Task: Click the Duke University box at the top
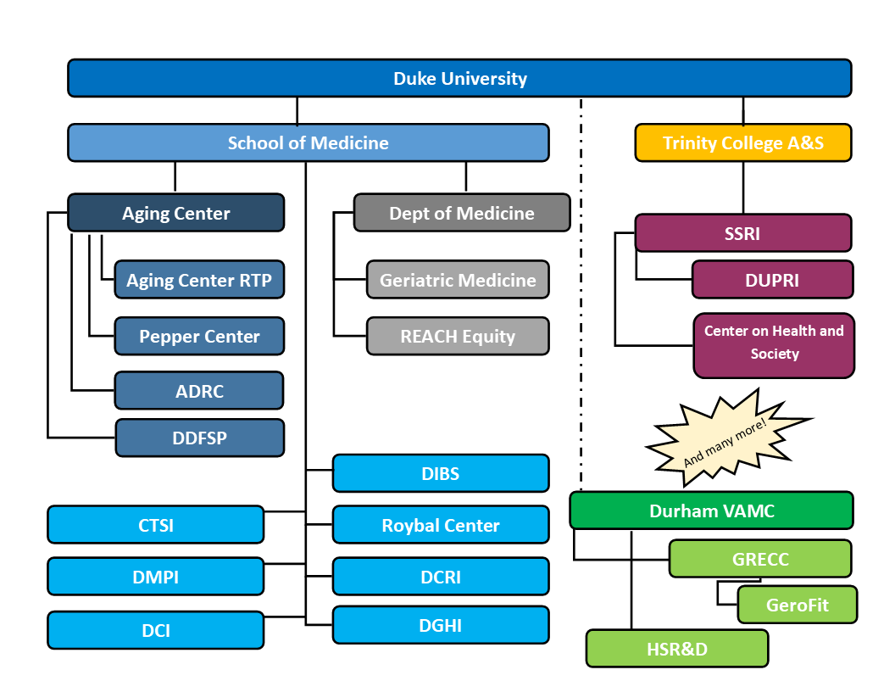pos(459,78)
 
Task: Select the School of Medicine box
pos(308,142)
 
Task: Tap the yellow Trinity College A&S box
pos(742,142)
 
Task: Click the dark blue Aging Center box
pos(175,213)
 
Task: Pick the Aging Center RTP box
pos(199,280)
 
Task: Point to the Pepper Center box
pos(199,336)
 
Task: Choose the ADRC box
pos(199,391)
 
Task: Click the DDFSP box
pos(199,438)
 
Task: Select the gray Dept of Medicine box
pos(462,213)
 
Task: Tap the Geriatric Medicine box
pos(458,280)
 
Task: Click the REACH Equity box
pos(458,336)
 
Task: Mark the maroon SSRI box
pos(742,233)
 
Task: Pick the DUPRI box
pos(772,280)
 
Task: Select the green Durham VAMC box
pos(711,511)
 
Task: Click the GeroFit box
pos(797,605)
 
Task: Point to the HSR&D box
pos(677,649)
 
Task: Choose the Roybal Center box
pos(441,525)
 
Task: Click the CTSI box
pos(155,525)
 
